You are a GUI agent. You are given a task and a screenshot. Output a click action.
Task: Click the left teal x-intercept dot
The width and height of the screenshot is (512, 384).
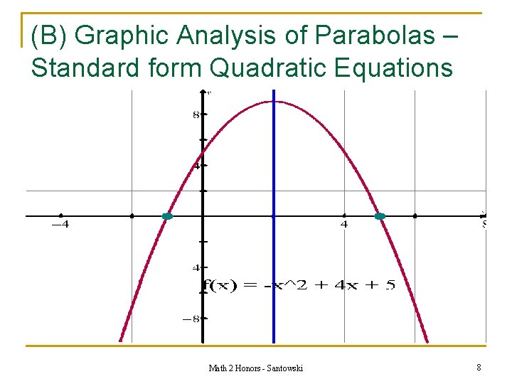tap(167, 216)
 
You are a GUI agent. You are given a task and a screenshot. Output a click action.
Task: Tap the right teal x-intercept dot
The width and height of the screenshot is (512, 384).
tap(380, 216)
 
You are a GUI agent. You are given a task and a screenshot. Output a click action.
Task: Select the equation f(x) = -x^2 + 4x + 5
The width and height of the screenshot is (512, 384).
tap(298, 286)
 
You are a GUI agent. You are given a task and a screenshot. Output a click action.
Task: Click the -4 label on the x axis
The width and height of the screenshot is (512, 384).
tap(60, 225)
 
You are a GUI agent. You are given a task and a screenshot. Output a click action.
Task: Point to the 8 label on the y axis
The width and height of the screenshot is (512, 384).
tap(196, 115)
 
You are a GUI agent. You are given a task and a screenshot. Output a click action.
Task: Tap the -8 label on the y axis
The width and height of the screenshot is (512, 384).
tap(191, 319)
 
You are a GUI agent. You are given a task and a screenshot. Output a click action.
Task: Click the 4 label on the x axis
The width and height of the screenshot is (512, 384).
tap(344, 225)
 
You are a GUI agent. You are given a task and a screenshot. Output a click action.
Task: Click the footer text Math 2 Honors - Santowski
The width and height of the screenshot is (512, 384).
tap(255, 368)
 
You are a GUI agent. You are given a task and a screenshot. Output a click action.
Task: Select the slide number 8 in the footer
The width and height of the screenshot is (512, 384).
tap(479, 368)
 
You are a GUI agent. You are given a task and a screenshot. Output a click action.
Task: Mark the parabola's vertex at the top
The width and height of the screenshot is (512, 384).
tap(274, 102)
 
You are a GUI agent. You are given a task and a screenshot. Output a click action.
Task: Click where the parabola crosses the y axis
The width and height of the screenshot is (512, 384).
tap(203, 153)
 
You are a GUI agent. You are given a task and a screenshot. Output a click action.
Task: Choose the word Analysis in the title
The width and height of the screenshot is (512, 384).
tap(232, 34)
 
